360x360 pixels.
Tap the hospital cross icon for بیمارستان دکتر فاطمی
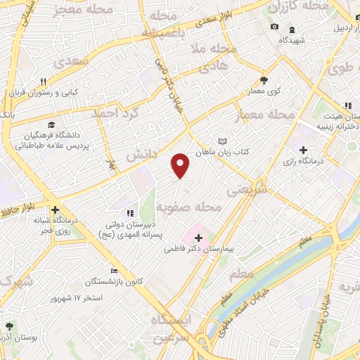coord(198,238)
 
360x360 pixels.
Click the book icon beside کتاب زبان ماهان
coord(223,141)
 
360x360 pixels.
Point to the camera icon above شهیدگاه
coord(274,27)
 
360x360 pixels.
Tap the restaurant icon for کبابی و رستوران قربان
coord(43,82)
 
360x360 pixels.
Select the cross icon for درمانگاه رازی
coord(303,150)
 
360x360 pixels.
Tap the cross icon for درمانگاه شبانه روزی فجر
coord(55,209)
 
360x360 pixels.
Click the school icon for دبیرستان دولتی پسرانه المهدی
coord(129,213)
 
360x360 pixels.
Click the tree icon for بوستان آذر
coord(10,326)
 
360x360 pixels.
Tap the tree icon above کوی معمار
coord(264,80)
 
